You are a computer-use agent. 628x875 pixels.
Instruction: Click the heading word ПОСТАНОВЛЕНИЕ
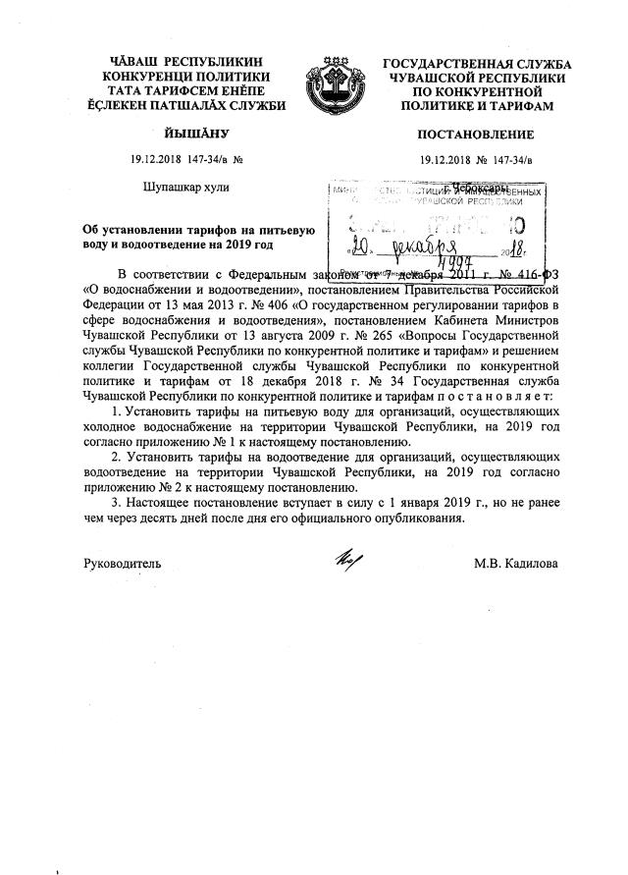(x=476, y=135)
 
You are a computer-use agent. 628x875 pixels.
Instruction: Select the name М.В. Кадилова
(x=516, y=564)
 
